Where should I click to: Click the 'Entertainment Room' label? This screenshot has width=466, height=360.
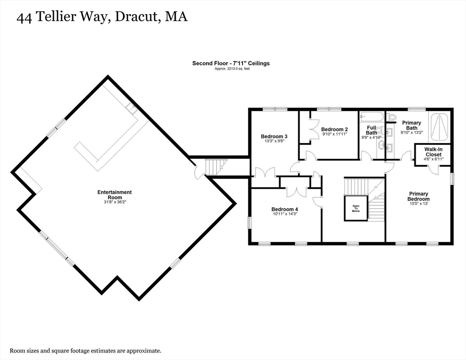(x=114, y=192)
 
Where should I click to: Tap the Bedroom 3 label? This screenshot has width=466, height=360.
(x=274, y=137)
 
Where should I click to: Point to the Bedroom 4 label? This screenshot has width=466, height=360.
(x=285, y=209)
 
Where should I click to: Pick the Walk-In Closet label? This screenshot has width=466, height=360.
(x=433, y=151)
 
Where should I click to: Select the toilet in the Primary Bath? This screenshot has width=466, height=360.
(x=392, y=117)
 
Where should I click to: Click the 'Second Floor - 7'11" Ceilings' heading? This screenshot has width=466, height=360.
(x=231, y=63)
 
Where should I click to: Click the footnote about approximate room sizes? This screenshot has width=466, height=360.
(x=86, y=350)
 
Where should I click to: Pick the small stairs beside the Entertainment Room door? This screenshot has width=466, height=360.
(x=216, y=166)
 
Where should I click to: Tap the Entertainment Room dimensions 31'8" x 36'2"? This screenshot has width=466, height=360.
(x=114, y=197)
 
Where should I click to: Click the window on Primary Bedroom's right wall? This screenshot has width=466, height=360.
(x=452, y=179)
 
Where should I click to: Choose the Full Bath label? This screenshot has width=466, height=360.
(x=371, y=130)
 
